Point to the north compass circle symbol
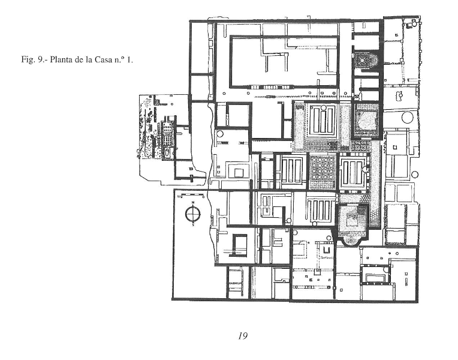tap(192, 214)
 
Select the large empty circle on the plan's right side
tap(408, 117)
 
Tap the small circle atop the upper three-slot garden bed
tap(324, 108)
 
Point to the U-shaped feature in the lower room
tap(327, 250)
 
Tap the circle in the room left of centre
tap(220, 134)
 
